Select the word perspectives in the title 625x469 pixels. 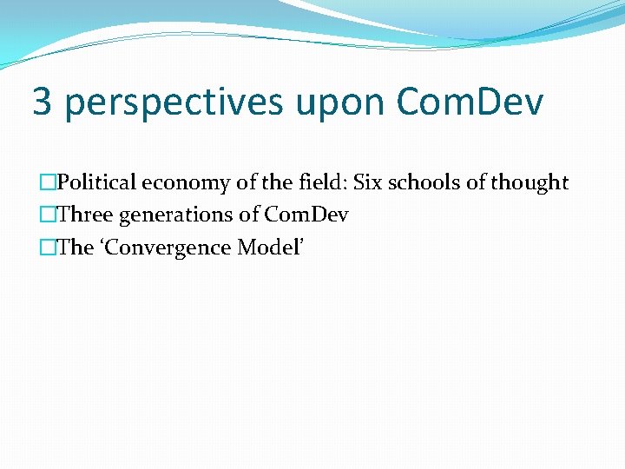pyautogui.click(x=174, y=103)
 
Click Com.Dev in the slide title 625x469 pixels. pyautogui.click(x=470, y=102)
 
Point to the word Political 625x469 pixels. pyautogui.click(x=96, y=182)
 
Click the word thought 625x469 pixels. pyautogui.click(x=529, y=183)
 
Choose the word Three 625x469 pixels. pyautogui.click(x=85, y=215)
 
